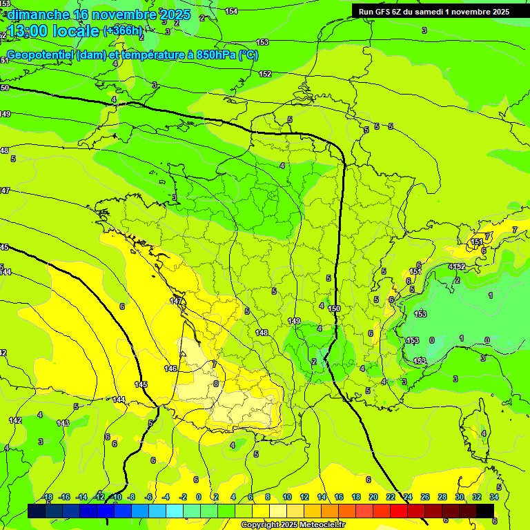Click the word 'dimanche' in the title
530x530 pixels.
click(39, 14)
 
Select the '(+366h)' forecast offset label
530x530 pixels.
click(123, 30)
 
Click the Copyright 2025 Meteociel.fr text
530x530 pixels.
click(293, 525)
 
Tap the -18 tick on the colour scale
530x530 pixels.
click(48, 497)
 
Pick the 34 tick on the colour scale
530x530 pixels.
click(494, 497)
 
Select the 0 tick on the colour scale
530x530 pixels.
click(199, 497)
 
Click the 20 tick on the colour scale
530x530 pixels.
click(373, 497)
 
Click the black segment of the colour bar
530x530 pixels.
click(485, 510)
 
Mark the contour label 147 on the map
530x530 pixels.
click(176, 301)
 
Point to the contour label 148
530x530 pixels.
click(262, 333)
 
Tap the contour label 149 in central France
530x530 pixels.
click(294, 321)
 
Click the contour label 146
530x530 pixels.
click(170, 369)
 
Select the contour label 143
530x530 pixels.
click(63, 423)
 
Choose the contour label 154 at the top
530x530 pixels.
click(231, 11)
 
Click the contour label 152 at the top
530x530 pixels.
click(265, 74)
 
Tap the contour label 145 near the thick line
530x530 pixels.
click(141, 384)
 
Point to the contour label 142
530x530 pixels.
click(15, 420)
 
